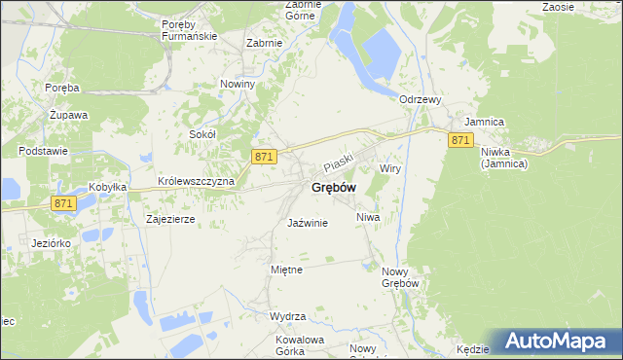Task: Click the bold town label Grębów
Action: (333, 187)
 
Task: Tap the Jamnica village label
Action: (484, 122)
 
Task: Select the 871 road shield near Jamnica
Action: (461, 141)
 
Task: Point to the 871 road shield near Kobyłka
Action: (64, 203)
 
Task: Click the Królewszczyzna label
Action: (196, 183)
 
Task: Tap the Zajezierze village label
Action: (170, 220)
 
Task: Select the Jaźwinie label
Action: (308, 223)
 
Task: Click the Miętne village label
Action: (286, 270)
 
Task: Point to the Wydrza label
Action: (289, 317)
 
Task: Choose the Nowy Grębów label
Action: (400, 277)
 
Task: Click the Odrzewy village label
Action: (421, 99)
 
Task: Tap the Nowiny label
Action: (238, 85)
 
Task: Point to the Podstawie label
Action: (42, 152)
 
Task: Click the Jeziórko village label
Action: (48, 242)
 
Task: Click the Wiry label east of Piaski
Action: (390, 168)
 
